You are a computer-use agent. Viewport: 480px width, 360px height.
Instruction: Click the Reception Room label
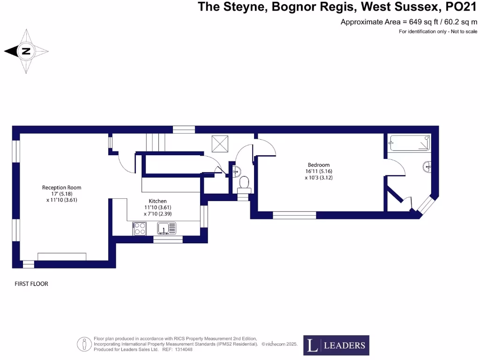61,187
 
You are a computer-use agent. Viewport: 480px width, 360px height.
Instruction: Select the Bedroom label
318,165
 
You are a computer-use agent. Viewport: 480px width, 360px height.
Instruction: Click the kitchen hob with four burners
139,228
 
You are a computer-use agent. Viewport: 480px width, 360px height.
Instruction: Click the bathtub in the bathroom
410,143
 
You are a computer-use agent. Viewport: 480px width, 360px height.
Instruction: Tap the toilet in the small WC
244,182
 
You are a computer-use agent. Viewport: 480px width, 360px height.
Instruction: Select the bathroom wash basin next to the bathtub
427,166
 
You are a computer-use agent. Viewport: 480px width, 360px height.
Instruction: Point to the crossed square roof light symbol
219,143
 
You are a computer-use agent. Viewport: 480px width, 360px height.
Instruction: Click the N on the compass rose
26,52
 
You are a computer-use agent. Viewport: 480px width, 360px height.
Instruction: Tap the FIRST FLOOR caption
31,284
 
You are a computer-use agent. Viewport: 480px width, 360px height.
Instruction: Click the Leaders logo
336,345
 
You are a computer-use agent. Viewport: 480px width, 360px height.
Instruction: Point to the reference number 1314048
184,349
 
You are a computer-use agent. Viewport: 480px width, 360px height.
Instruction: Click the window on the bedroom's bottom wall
294,215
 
